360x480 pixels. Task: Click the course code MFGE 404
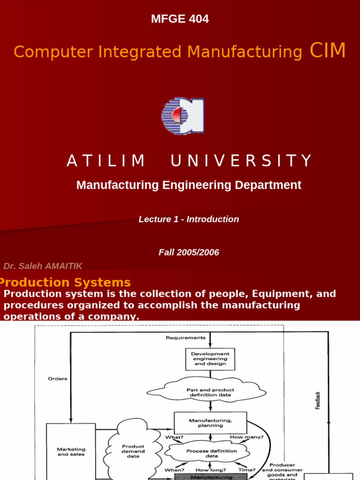[180, 19]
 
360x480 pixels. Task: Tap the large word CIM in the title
[328, 51]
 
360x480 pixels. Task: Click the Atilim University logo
[182, 116]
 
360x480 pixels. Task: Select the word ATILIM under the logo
[106, 161]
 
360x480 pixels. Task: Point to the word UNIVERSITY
[241, 161]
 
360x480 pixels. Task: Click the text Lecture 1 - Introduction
[189, 219]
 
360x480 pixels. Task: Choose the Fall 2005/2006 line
[189, 253]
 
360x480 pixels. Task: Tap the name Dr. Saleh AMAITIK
[43, 266]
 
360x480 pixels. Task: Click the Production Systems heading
[65, 283]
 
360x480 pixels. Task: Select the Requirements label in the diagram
[186, 337]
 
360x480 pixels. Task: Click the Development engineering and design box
[210, 359]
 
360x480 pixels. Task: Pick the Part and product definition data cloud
[210, 392]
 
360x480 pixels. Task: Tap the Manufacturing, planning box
[210, 423]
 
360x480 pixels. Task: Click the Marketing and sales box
[71, 451]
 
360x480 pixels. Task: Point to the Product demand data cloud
[133, 451]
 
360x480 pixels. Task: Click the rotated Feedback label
[318, 400]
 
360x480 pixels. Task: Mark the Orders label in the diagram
[57, 379]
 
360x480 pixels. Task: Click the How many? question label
[247, 437]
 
